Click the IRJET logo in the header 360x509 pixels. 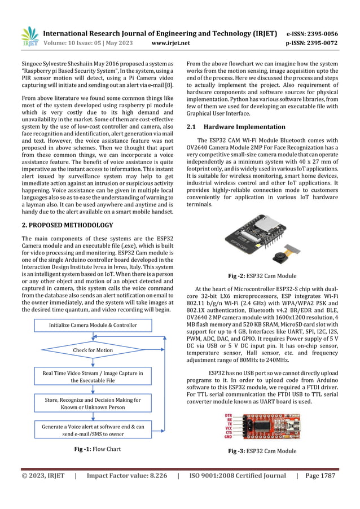(29, 37)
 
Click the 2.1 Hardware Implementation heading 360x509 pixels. (236, 127)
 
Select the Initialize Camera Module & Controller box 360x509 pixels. (93, 325)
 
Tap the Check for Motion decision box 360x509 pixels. (93, 350)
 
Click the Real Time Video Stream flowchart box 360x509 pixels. (93, 377)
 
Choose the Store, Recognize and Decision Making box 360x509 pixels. (93, 403)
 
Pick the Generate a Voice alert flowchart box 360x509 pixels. (93, 431)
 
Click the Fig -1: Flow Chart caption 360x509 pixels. (94, 449)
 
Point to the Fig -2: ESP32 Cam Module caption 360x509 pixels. (262, 276)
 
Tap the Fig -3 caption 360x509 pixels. (262, 451)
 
